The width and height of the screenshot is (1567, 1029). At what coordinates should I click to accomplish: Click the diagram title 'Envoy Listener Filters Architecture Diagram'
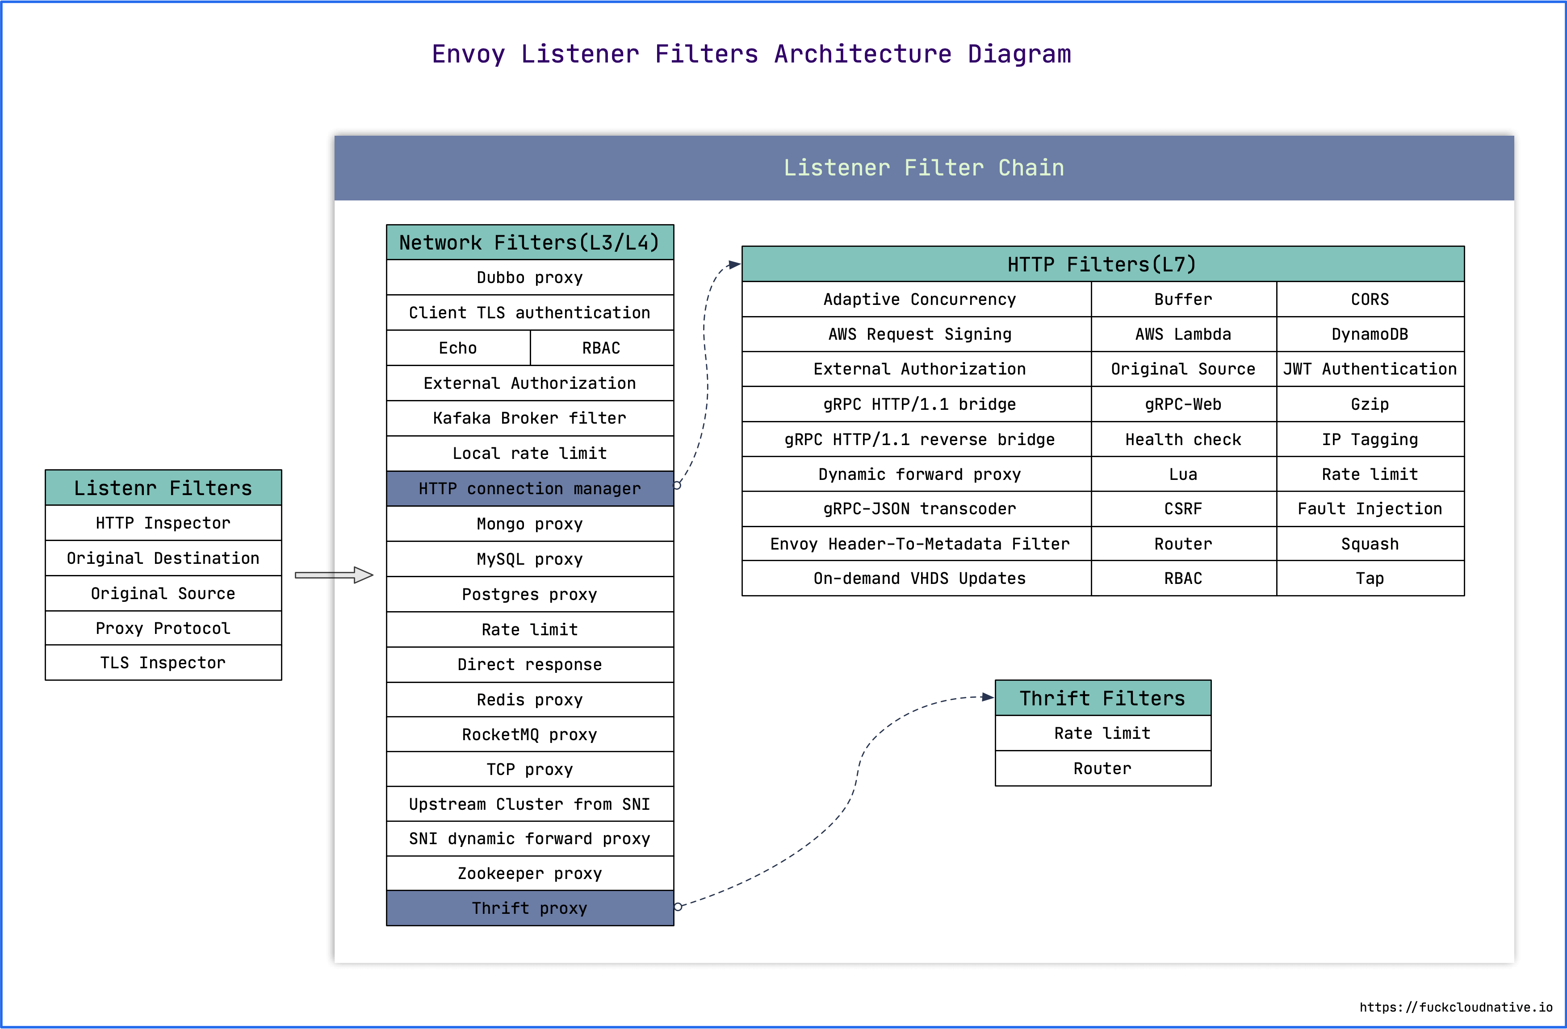(751, 54)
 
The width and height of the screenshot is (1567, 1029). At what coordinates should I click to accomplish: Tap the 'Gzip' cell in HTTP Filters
(1370, 404)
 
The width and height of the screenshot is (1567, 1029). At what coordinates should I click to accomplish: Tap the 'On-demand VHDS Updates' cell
(919, 578)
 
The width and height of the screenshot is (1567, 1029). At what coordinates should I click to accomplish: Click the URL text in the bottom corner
(1456, 1007)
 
